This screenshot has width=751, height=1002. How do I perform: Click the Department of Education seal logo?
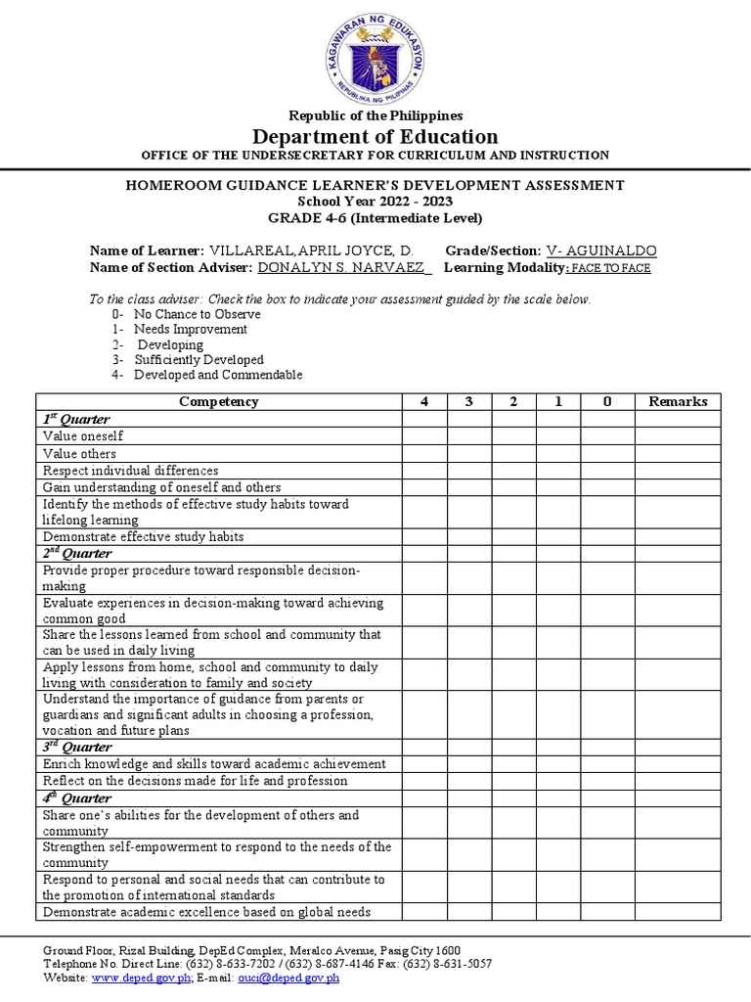pos(375,57)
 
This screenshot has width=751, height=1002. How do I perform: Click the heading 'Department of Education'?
pos(375,136)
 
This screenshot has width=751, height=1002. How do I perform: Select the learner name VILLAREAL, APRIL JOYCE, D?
pos(311,251)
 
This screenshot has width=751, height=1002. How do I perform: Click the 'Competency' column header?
pos(219,401)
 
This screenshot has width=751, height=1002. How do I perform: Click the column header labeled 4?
pos(424,401)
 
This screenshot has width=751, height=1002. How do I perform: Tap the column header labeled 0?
pos(606,401)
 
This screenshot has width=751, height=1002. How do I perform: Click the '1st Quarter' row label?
pos(76,419)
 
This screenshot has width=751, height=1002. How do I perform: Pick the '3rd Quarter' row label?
pos(76,748)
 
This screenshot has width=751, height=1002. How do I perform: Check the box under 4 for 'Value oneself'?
pos(424,436)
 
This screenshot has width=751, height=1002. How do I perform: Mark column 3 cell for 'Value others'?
pos(469,454)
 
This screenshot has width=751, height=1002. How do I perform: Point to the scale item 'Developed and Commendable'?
pos(218,375)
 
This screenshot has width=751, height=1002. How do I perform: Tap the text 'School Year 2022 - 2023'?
pos(375,201)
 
